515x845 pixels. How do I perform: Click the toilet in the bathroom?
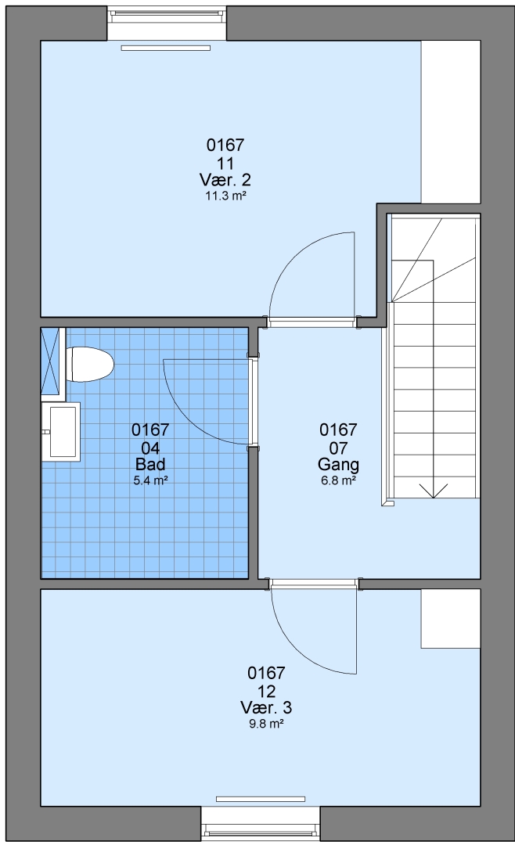click(89, 365)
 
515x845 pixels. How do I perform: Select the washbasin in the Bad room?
click(61, 432)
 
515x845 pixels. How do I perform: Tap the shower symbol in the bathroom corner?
click(53, 365)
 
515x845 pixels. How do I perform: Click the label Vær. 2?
click(225, 179)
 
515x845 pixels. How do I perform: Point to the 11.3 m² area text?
click(225, 196)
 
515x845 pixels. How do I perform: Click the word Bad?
click(150, 464)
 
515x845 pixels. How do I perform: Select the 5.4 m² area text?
click(150, 480)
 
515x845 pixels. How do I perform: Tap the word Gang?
click(338, 464)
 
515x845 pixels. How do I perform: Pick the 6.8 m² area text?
click(338, 480)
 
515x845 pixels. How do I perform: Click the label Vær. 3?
click(266, 707)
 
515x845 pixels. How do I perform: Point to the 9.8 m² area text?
click(266, 723)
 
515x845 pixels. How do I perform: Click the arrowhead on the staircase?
click(434, 491)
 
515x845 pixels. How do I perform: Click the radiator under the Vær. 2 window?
click(166, 48)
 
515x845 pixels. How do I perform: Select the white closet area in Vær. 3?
click(450, 618)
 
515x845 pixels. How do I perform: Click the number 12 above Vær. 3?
click(266, 691)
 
